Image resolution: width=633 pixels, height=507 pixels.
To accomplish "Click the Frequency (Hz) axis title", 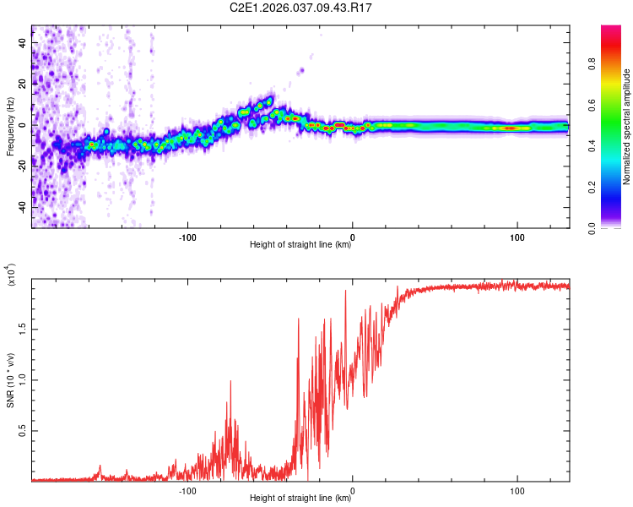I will click(10, 127).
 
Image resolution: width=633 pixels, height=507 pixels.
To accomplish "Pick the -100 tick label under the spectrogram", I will click(187, 236).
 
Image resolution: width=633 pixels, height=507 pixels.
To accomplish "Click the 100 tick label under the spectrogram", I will click(517, 236).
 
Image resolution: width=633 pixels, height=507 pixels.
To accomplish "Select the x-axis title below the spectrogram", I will click(300, 246).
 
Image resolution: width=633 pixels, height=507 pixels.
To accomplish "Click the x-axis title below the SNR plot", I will click(300, 499).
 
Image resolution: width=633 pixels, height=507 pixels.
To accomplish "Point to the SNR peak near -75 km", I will click(230, 381).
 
